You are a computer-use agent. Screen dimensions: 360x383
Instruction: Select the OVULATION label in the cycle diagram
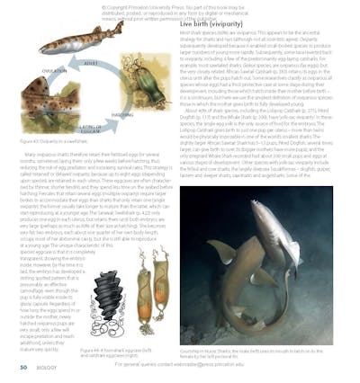[x=54, y=73]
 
